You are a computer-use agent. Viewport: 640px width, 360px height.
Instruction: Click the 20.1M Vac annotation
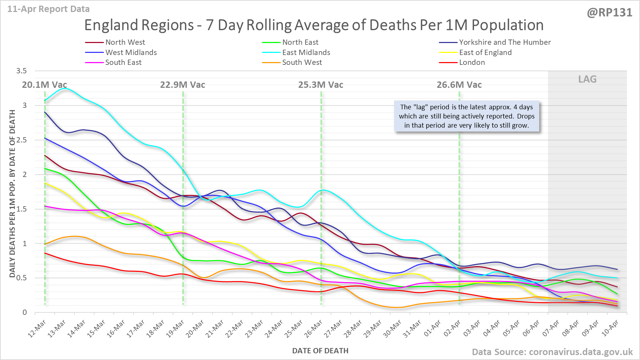pyautogui.click(x=44, y=85)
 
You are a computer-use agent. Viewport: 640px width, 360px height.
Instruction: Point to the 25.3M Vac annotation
pyautogui.click(x=321, y=85)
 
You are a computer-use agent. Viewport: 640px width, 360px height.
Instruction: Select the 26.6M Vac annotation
pyautogui.click(x=459, y=85)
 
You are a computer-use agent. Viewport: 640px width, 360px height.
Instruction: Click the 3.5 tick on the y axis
pyautogui.click(x=21, y=71)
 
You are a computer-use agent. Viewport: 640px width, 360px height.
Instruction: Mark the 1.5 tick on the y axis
pyautogui.click(x=21, y=209)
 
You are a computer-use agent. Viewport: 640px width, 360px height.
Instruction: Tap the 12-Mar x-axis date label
pyautogui.click(x=37, y=329)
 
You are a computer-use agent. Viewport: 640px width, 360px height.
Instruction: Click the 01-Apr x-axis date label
pyautogui.click(x=432, y=329)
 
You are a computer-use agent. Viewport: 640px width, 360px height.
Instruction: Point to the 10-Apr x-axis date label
pyautogui.click(x=610, y=329)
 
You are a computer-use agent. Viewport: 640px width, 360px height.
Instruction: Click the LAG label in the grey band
pyautogui.click(x=587, y=79)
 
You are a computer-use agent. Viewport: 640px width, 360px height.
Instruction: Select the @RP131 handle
pyautogui.click(x=609, y=13)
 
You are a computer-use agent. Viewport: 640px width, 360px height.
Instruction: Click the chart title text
pyautogui.click(x=314, y=25)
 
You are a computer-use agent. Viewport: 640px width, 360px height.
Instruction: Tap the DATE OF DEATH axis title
pyautogui.click(x=320, y=351)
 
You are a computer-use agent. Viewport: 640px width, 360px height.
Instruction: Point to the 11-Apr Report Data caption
pyautogui.click(x=48, y=9)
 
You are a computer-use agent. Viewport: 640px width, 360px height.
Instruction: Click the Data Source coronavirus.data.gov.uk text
pyautogui.click(x=552, y=352)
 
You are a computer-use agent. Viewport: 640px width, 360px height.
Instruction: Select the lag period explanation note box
pyautogui.click(x=467, y=116)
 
